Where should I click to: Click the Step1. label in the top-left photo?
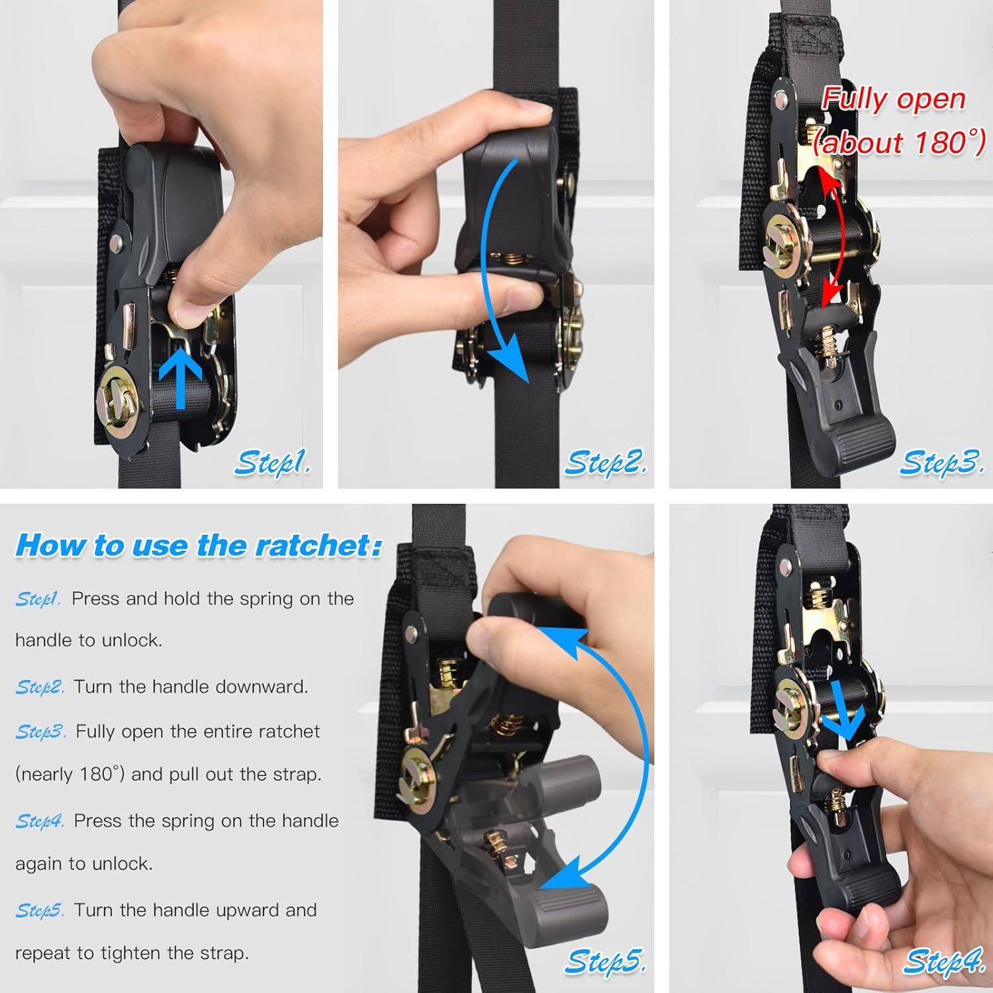[x=271, y=462]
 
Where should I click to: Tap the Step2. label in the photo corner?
[x=605, y=462]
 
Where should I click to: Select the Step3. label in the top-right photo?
[x=941, y=462]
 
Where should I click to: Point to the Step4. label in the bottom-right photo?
[x=944, y=961]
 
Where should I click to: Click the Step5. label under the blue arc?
[x=604, y=961]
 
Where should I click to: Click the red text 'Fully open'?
[x=893, y=99]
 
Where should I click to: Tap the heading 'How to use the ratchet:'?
[x=199, y=545]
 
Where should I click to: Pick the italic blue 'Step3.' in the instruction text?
[x=40, y=732]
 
